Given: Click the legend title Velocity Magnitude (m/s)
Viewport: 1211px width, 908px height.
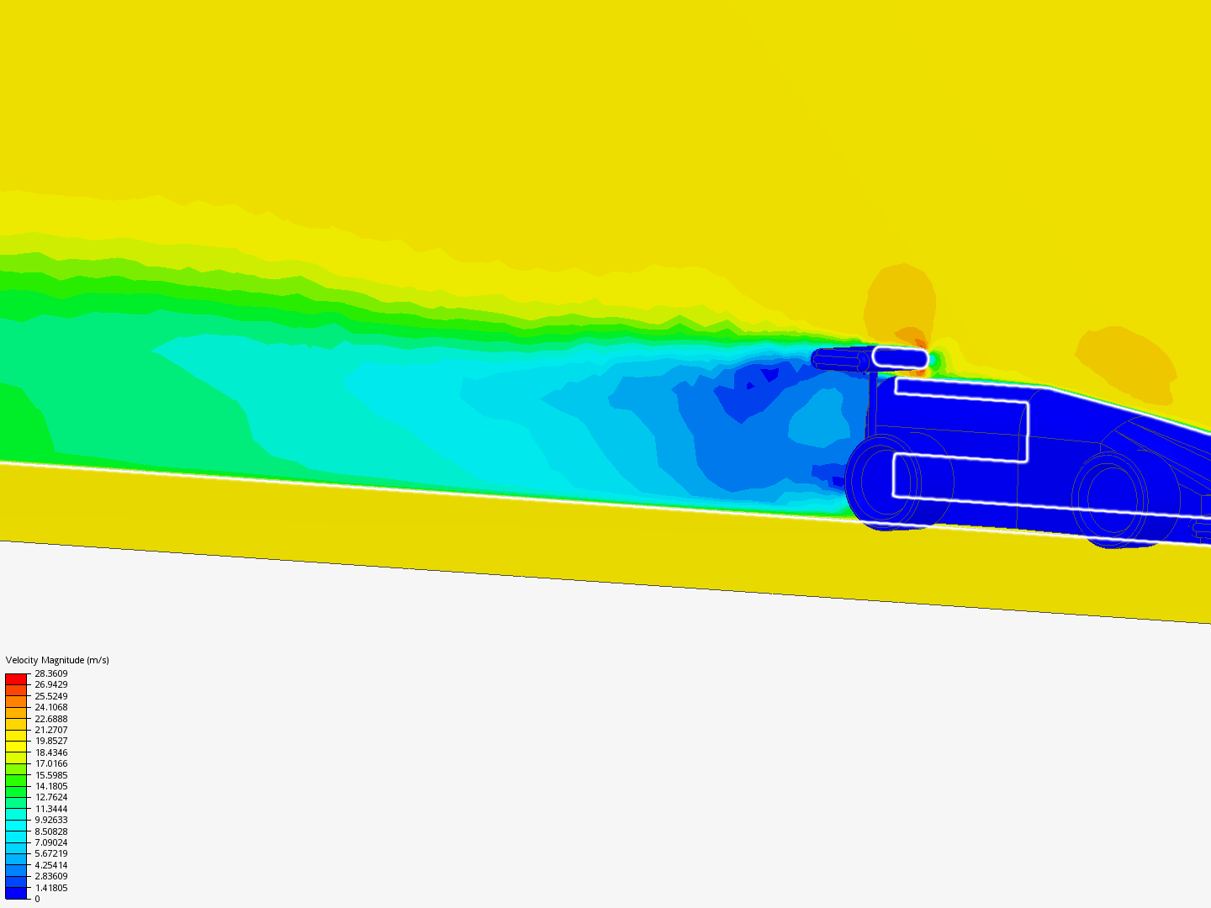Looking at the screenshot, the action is (57, 660).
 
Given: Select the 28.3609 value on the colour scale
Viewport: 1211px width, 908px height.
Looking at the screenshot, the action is (50, 673).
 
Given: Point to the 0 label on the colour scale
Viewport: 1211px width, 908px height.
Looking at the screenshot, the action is (37, 900).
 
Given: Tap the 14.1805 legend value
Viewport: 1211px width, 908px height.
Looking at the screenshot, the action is (50, 786).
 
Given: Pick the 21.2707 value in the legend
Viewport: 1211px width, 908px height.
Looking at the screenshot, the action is (50, 730).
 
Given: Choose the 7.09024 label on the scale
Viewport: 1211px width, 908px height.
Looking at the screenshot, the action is (50, 842).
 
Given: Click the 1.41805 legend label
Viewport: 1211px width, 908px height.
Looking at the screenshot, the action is (50, 888).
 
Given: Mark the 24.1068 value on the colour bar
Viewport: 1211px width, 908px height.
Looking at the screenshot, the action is (50, 707).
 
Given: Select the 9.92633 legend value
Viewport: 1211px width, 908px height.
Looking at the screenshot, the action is (50, 820).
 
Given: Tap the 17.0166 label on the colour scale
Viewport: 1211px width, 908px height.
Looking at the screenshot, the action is (50, 763).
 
